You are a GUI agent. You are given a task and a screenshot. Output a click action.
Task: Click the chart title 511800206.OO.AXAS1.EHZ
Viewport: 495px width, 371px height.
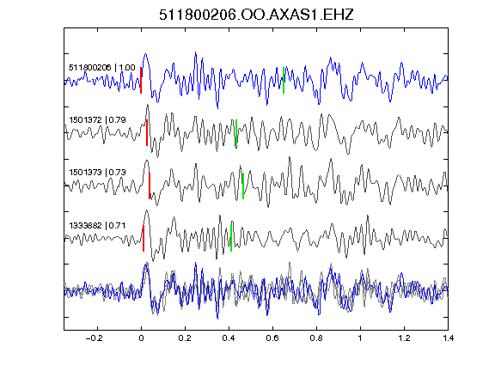256,15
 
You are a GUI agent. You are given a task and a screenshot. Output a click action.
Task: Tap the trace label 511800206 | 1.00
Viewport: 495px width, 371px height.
102,68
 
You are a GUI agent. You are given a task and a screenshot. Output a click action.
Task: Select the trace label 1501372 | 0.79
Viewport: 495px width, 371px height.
98,120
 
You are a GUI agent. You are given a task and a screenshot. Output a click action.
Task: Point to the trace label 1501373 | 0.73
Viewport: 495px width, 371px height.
98,173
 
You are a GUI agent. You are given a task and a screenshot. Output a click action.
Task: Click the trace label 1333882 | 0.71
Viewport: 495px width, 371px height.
98,226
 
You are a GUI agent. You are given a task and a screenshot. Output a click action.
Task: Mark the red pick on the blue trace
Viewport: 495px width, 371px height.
141,80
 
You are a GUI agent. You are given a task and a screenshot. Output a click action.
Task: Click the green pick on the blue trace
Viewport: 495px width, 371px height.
284,80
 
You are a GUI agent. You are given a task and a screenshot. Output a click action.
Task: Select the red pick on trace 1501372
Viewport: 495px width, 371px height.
147,132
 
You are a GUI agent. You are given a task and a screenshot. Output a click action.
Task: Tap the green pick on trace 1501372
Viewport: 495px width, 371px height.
236,133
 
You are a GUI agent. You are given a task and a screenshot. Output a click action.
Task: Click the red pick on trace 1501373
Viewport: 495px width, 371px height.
150,185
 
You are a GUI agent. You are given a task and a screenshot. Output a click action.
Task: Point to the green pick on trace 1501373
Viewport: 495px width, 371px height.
243,185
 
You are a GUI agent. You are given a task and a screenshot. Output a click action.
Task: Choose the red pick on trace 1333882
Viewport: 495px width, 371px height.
144,238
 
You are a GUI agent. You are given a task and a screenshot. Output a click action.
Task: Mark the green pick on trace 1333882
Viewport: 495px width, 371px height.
231,238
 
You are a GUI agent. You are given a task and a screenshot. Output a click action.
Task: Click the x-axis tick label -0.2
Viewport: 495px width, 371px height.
95,338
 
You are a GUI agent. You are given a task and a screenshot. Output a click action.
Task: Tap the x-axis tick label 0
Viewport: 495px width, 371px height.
141,338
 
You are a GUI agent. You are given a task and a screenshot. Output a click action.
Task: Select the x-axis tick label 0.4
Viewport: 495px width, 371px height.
229,338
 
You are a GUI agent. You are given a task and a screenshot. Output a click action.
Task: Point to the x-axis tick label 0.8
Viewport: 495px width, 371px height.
316,338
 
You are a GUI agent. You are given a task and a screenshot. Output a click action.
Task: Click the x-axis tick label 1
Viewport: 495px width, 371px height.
360,338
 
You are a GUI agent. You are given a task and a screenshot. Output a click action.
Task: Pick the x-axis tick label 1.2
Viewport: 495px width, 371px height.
404,338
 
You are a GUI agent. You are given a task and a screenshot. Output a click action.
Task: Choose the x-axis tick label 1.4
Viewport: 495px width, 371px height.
448,338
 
